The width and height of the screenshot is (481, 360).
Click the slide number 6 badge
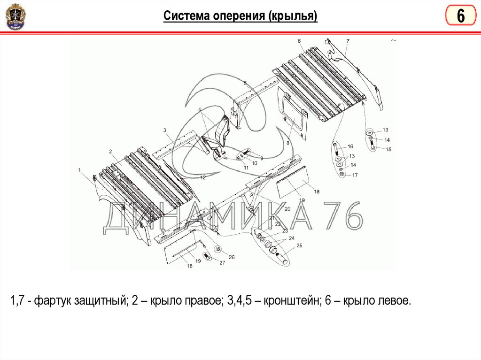click(x=461, y=15)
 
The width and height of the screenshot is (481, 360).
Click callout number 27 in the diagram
click(x=222, y=262)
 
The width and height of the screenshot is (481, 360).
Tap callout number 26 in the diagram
click(x=232, y=257)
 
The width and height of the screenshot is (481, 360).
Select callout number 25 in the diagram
click(x=299, y=245)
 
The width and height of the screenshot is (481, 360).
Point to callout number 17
click(x=355, y=175)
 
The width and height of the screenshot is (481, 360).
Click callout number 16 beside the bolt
click(x=350, y=146)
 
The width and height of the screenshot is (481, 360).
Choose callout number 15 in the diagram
click(x=388, y=149)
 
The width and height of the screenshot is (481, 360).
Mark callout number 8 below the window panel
click(x=288, y=143)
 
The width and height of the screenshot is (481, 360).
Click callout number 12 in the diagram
click(x=203, y=177)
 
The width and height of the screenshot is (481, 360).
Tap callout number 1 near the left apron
click(x=79, y=170)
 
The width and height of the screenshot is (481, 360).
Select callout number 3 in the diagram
click(x=164, y=130)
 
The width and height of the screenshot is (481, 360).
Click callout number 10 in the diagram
click(x=254, y=163)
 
